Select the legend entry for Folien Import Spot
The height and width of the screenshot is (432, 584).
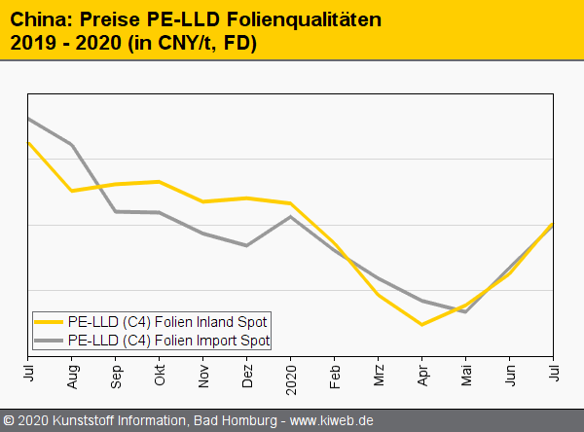click(x=168, y=341)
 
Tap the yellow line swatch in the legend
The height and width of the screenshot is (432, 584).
click(x=49, y=321)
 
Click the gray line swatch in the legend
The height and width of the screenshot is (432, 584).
click(x=49, y=341)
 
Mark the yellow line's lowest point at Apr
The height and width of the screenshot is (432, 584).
click(x=421, y=324)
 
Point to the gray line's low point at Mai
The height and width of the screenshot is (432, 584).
click(x=466, y=311)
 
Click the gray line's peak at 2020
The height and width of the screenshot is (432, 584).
click(x=291, y=216)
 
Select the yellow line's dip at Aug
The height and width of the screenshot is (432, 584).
click(x=72, y=191)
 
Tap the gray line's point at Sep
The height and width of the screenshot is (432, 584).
click(x=116, y=211)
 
